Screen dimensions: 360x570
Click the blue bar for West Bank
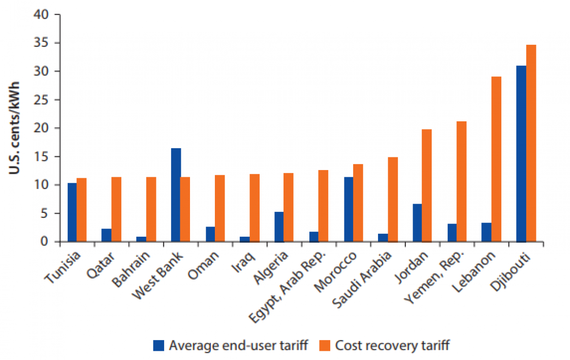(x=176, y=195)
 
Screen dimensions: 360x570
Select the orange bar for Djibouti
(x=531, y=143)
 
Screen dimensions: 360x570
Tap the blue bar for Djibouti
(x=521, y=153)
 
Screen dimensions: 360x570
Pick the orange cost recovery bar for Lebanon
(x=496, y=159)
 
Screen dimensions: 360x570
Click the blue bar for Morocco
(x=349, y=209)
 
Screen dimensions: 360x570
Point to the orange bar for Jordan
(x=427, y=185)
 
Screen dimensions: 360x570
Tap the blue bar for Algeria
(x=280, y=227)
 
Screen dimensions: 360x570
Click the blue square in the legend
(x=159, y=345)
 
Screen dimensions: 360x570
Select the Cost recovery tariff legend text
(x=392, y=345)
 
